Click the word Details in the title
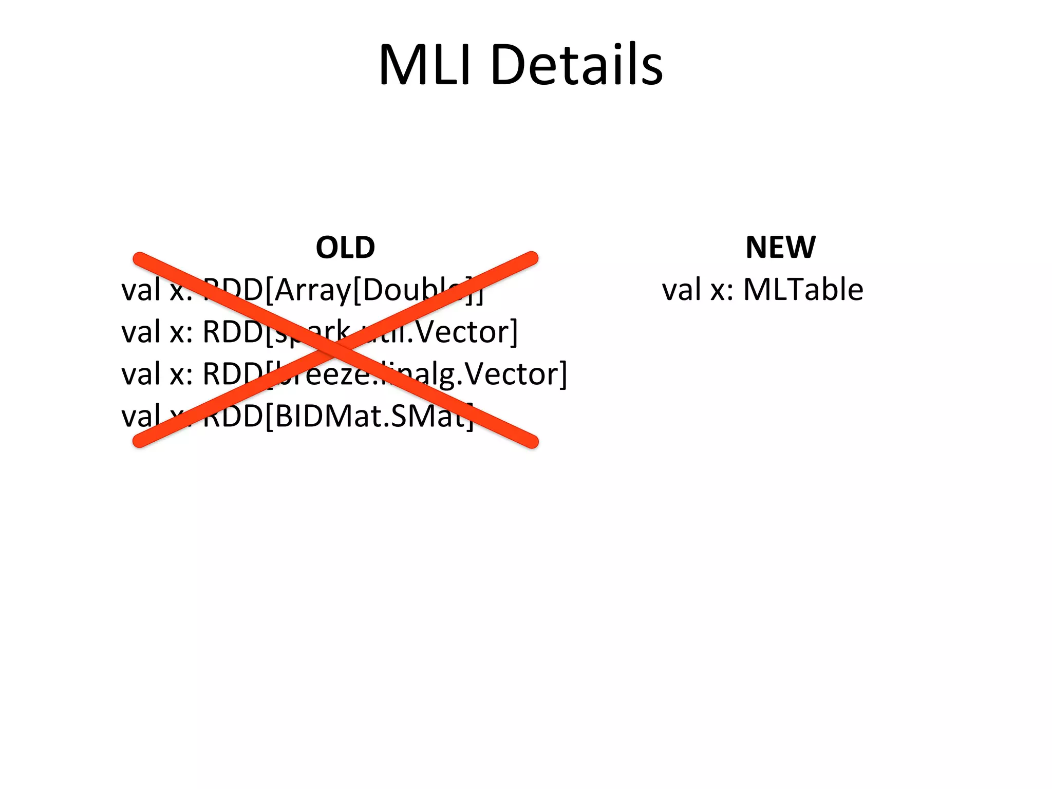tap(576, 65)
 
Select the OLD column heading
tap(345, 247)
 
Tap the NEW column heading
tap(780, 247)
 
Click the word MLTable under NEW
tap(803, 289)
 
